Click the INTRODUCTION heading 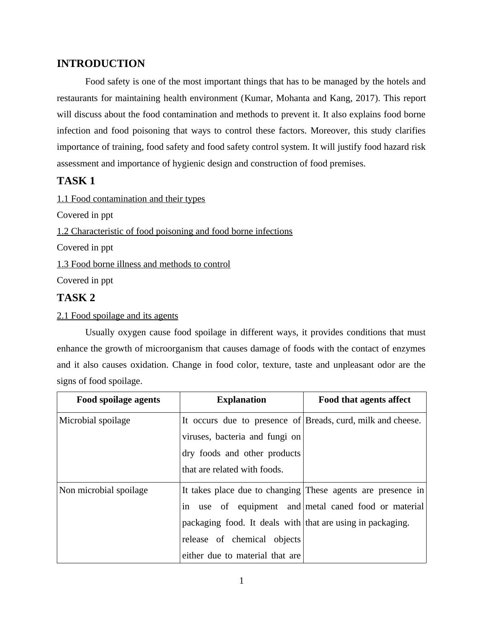[101, 64]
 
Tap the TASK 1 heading [76, 181]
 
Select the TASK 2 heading [76, 298]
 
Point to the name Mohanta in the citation [293, 98]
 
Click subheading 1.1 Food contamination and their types [131, 199]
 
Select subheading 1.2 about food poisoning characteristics [175, 231]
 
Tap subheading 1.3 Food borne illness [143, 264]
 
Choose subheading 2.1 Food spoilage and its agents [117, 316]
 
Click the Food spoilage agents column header [118, 400]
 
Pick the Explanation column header [241, 400]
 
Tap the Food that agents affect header [364, 400]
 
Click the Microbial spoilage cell [95, 420]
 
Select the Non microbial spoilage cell [103, 490]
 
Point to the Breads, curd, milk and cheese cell [363, 420]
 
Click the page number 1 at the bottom [241, 581]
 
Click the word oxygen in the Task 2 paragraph [132, 332]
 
